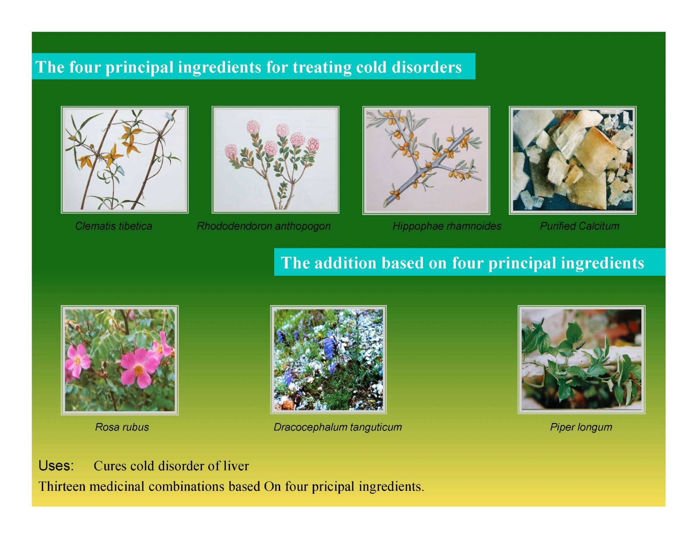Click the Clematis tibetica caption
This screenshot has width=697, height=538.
[x=114, y=226]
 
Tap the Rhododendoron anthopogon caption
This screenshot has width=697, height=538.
[x=263, y=226]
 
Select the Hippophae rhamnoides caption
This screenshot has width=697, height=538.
[x=447, y=226]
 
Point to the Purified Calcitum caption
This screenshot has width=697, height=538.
[x=580, y=226]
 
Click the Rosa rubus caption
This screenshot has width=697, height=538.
[x=122, y=427]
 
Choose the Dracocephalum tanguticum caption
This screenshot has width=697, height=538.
[x=338, y=427]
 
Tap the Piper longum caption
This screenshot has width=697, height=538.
[x=581, y=427]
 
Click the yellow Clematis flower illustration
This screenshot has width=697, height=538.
[x=125, y=160]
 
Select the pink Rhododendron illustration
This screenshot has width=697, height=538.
[x=275, y=160]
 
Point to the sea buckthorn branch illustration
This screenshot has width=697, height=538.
[x=426, y=160]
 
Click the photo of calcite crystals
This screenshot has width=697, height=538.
[x=573, y=160]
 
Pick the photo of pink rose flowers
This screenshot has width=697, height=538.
[x=120, y=360]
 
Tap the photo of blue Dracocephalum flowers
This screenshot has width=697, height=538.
[x=328, y=360]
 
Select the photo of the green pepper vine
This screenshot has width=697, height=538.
[x=581, y=360]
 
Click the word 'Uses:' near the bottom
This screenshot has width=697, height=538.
[x=56, y=466]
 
